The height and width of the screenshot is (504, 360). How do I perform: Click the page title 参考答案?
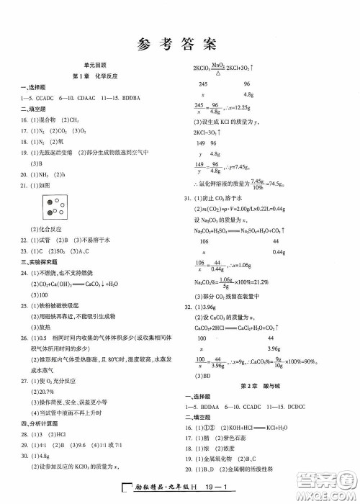pyautogui.click(x=180, y=42)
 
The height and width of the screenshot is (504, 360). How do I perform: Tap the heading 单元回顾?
pyautogui.click(x=94, y=64)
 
